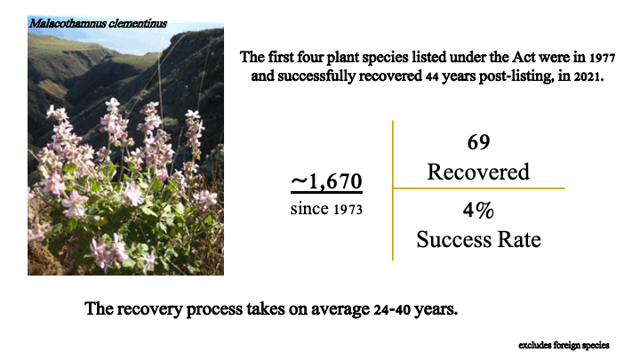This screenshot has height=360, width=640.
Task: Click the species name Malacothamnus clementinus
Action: click(98, 23)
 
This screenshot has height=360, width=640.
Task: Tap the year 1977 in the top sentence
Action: click(602, 58)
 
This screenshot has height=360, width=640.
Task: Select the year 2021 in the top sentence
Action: click(588, 76)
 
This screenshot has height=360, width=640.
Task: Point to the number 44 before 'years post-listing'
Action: click(432, 76)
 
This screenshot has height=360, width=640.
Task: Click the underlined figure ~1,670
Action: click(326, 181)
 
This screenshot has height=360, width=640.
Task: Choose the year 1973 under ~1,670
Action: click(348, 210)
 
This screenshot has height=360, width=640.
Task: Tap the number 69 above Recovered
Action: click(478, 142)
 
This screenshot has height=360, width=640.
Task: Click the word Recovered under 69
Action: click(478, 172)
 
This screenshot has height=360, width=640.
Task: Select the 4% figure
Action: click(478, 210)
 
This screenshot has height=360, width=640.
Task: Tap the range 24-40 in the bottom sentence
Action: click(392, 309)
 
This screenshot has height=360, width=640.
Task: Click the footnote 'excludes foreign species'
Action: click(564, 345)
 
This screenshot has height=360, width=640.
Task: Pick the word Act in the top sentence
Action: click(524, 58)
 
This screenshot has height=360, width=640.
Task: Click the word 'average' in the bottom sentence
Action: click(340, 309)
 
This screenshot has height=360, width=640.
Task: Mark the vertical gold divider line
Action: click(393, 190)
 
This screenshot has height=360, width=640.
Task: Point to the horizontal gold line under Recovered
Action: click(478, 188)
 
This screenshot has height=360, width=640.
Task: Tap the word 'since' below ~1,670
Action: click(309, 209)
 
